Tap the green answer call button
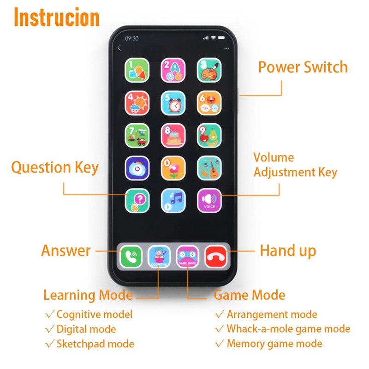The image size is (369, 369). click(x=131, y=256)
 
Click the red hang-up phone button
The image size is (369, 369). click(x=216, y=256)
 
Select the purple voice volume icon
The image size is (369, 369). click(x=209, y=201)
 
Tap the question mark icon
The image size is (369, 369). click(x=137, y=201)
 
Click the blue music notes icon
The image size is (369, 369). click(x=173, y=201)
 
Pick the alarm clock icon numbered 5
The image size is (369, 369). click(x=173, y=103)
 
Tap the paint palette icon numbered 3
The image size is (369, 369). click(x=209, y=70)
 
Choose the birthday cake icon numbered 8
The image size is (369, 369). click(x=173, y=136)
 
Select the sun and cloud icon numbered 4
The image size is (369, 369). click(x=137, y=103)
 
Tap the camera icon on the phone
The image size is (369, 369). click(x=137, y=168)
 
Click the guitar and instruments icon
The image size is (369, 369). click(x=209, y=168)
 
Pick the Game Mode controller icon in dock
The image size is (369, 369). click(x=187, y=256)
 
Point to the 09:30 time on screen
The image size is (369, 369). click(x=132, y=38)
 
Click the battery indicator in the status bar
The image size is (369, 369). click(x=221, y=38)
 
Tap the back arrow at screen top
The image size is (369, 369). click(x=119, y=48)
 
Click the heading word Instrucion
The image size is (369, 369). click(x=57, y=17)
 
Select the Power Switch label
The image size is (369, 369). click(x=303, y=67)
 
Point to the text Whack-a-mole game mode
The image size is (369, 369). click(x=289, y=329)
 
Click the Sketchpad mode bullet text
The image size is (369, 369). click(x=95, y=344)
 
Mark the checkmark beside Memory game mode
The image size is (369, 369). click(x=220, y=343)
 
